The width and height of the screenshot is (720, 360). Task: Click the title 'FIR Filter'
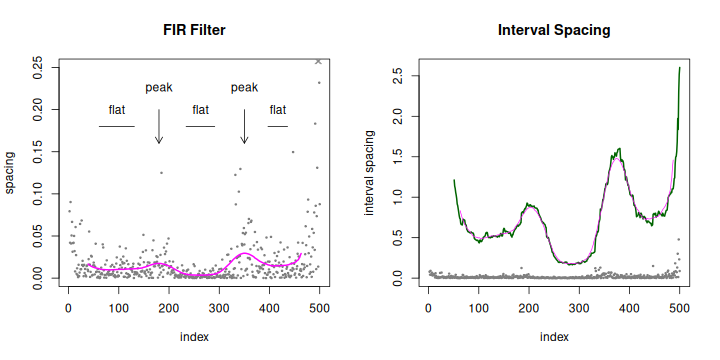(x=194, y=30)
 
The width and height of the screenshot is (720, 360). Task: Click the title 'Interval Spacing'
(x=554, y=30)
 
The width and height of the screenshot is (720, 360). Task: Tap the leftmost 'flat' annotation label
(x=117, y=109)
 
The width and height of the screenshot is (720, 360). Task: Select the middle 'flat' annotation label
(x=200, y=109)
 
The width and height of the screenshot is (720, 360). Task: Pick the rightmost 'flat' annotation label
(x=278, y=109)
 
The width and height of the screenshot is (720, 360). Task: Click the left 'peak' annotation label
(x=159, y=87)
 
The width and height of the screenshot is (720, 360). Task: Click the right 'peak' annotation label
(x=245, y=87)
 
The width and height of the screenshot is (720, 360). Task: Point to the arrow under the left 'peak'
(x=159, y=125)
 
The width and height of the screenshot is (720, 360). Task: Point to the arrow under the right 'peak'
(x=245, y=125)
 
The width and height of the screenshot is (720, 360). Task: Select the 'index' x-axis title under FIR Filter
(x=193, y=337)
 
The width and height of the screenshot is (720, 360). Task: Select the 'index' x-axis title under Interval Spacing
(x=553, y=337)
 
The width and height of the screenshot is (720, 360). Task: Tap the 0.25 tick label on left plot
(x=38, y=68)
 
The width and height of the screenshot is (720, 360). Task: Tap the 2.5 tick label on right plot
(x=397, y=76)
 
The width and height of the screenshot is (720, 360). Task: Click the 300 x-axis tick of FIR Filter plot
(x=269, y=309)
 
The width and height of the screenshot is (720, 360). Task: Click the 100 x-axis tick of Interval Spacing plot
(x=478, y=309)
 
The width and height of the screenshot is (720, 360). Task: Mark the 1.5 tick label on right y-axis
(x=397, y=157)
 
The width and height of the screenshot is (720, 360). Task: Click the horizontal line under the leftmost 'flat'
(x=117, y=127)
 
